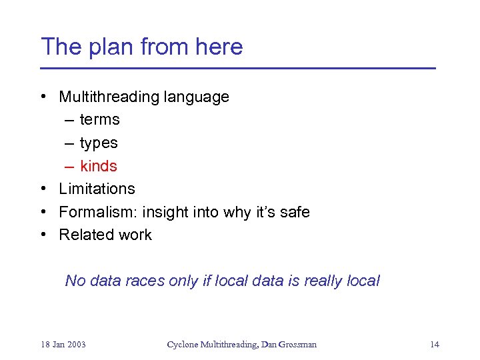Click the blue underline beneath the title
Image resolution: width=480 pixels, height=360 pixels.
(x=237, y=68)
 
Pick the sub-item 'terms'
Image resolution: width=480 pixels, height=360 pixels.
(x=99, y=120)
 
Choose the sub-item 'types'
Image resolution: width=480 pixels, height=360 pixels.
(x=99, y=143)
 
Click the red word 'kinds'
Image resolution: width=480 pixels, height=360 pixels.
(x=99, y=166)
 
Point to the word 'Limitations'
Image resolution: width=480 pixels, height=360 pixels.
(x=97, y=189)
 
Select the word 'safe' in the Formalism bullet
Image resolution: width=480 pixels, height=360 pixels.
(x=294, y=212)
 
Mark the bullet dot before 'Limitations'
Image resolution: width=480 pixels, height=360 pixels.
(x=43, y=189)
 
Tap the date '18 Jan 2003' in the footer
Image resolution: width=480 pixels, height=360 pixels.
(x=63, y=345)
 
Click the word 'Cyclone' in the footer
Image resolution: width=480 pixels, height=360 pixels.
(x=182, y=345)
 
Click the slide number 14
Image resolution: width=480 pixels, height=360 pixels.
(x=435, y=345)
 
